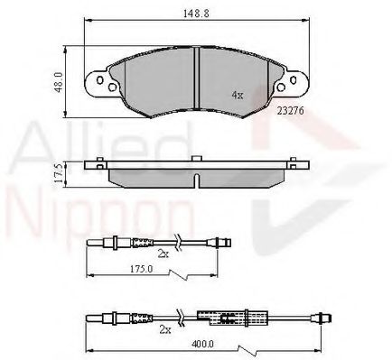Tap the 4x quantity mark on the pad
pos(238,93)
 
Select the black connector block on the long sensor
pos(217,317)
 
